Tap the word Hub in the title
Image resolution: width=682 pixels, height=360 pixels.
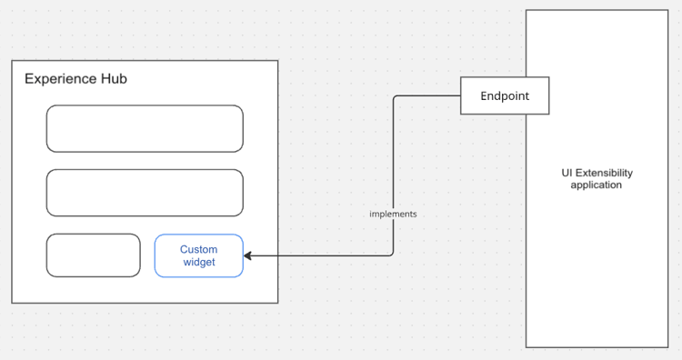coord(114,79)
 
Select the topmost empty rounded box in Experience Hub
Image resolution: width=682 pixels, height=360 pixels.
coord(145,128)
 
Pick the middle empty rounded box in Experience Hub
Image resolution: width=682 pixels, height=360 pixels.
coord(145,193)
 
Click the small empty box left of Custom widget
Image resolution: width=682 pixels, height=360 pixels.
coord(94,255)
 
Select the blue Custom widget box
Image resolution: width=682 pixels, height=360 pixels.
coord(198,255)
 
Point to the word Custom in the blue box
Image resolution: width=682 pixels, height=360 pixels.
coord(198,249)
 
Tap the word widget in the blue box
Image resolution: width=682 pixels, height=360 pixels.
coord(198,263)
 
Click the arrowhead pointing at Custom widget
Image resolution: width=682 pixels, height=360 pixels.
coord(248,255)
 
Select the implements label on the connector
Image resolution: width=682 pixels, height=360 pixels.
coord(393,214)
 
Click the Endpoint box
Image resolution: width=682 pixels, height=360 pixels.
coord(505,95)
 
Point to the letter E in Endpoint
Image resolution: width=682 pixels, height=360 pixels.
coord(485,95)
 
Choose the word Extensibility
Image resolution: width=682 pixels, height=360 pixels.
coord(604,173)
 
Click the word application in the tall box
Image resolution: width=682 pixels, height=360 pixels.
coord(596,185)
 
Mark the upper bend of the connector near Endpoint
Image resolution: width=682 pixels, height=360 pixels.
coord(393,95)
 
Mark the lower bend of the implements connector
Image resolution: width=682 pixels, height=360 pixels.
coord(393,255)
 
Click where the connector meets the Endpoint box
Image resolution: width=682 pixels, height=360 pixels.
coord(461,95)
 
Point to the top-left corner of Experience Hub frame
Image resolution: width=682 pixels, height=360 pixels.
coord(12,61)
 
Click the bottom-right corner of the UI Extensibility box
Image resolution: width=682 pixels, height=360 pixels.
coord(668,347)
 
